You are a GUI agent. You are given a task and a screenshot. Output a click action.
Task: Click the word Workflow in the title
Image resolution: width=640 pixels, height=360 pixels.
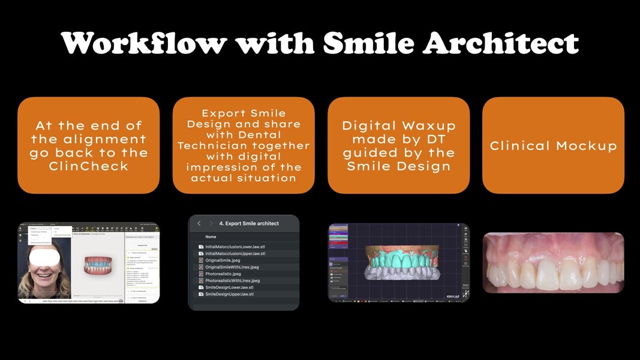pyautogui.click(x=144, y=43)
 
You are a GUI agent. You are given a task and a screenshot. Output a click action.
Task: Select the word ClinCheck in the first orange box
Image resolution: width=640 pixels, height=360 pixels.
pyautogui.click(x=89, y=166)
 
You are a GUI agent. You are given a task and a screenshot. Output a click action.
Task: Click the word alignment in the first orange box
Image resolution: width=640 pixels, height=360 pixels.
pyautogui.click(x=89, y=139)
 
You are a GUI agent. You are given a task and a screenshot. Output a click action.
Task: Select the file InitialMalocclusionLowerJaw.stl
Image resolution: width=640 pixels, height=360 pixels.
pyautogui.click(x=235, y=247)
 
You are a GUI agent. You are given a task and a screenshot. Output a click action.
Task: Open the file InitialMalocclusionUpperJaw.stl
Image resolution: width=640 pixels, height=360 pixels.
pyautogui.click(x=235, y=254)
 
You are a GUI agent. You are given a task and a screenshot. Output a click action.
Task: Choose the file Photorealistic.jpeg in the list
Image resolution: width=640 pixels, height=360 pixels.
pyautogui.click(x=223, y=274)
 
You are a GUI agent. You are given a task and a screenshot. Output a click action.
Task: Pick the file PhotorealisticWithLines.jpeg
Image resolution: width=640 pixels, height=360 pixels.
pyautogui.click(x=232, y=281)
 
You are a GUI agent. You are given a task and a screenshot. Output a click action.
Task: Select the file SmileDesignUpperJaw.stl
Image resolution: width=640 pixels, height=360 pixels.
pyautogui.click(x=229, y=294)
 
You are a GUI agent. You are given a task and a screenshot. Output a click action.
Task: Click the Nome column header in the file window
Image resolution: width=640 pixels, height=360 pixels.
pyautogui.click(x=211, y=237)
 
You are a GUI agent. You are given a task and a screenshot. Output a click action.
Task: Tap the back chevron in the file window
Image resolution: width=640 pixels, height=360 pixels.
pyautogui.click(x=199, y=224)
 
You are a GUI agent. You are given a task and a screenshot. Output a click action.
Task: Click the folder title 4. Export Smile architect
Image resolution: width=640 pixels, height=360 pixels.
pyautogui.click(x=249, y=224)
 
